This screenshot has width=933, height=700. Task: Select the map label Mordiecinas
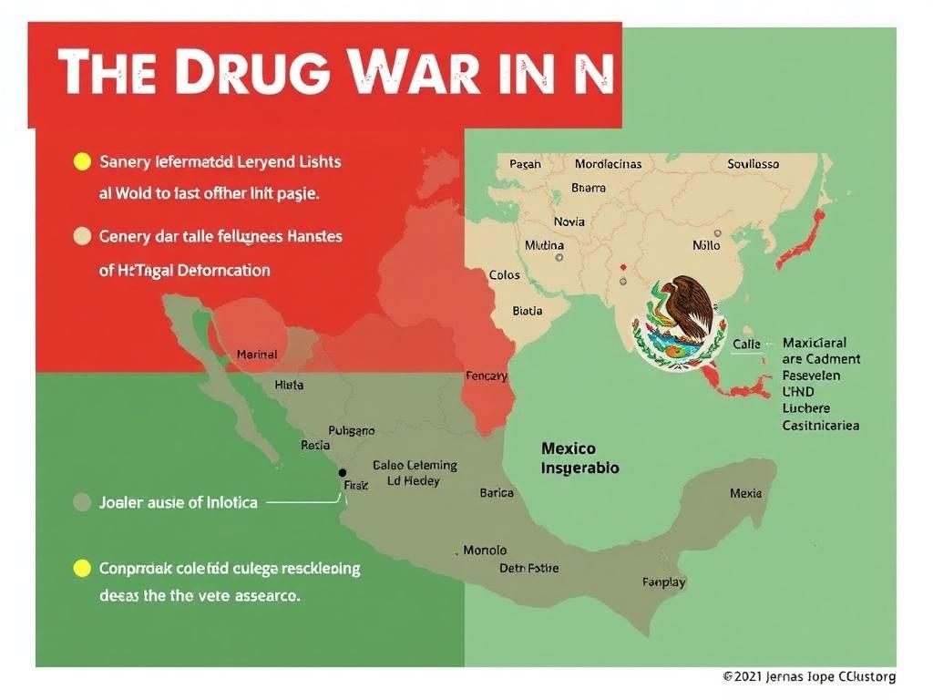point(608,164)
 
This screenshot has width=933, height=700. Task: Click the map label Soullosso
point(754,164)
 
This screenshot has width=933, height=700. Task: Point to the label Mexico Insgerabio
point(580,458)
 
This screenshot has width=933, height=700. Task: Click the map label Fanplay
point(664,582)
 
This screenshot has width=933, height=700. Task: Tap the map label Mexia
point(745,493)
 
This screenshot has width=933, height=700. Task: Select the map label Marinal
point(257,354)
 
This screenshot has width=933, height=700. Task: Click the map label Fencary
point(487,376)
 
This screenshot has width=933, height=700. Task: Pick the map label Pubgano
point(351,429)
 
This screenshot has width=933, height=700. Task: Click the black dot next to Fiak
point(343,473)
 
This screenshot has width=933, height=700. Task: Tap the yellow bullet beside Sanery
point(81,163)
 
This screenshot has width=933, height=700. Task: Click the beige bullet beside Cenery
point(81,237)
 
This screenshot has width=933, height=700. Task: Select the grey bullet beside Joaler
point(81,502)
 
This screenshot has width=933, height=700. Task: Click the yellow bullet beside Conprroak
point(81,569)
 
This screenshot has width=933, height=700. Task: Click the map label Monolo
point(485,551)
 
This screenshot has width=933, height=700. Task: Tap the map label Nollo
point(706,245)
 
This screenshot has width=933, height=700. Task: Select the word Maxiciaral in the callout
point(815,344)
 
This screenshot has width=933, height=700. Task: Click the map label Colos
point(504,274)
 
